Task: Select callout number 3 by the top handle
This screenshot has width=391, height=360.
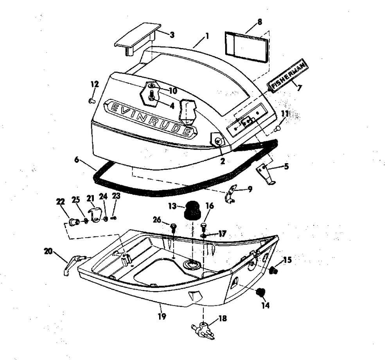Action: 172,35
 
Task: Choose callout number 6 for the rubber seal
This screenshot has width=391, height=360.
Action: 77,160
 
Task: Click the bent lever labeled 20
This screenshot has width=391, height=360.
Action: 73,262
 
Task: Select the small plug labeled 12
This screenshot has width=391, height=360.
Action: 92,101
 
